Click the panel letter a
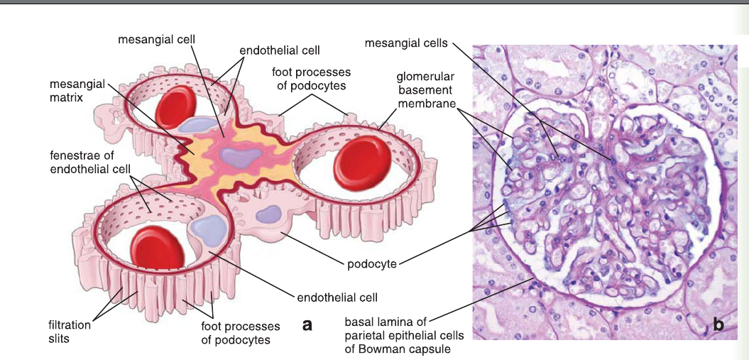click(x=307, y=324)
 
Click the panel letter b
click(x=718, y=325)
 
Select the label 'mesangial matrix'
click(x=77, y=91)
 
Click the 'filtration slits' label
click(x=70, y=332)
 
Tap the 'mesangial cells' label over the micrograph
click(x=406, y=43)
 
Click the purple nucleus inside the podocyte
click(x=270, y=214)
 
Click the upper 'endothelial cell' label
click(x=280, y=50)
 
